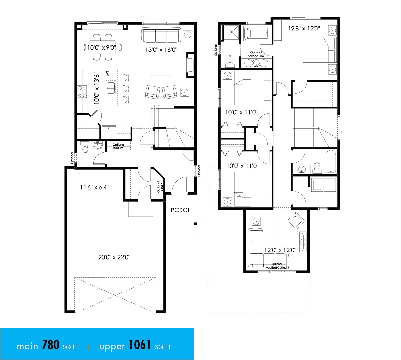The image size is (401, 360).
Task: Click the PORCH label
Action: pos(181,210)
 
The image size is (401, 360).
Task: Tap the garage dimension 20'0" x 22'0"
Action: pos(114,257)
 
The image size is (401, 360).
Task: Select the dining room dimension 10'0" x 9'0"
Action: pos(102,48)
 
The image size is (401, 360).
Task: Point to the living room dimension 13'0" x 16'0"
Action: pos(161,50)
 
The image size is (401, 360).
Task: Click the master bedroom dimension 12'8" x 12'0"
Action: pos(304,29)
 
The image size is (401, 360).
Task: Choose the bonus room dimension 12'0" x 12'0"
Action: pos(280,250)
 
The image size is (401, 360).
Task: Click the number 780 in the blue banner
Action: pos(50,345)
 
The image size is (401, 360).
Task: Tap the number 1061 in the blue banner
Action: pos(140,345)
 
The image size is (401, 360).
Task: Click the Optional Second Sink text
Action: pos(256,54)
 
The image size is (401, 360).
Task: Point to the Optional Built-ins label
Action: pos(119,146)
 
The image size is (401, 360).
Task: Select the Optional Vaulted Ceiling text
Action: pos(277,266)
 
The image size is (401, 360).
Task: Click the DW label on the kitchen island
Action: pos(107,74)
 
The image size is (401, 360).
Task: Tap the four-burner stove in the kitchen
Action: pos(82,92)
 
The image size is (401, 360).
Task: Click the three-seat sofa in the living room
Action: pos(161,35)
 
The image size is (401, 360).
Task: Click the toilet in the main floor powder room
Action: pos(85,148)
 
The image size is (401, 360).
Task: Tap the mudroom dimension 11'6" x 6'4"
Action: pos(94,187)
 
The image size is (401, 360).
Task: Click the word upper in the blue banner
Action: pos(112,347)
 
